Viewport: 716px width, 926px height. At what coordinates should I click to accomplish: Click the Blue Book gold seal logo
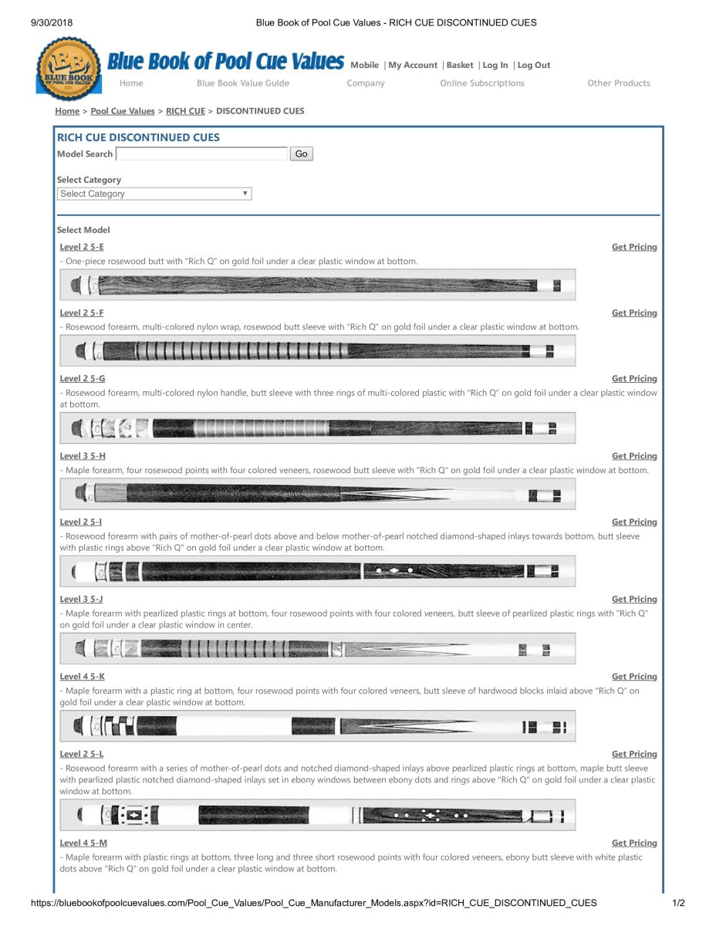(x=69, y=68)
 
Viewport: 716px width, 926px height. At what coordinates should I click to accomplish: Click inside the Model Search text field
(x=201, y=154)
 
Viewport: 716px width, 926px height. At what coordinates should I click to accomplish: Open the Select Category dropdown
(x=154, y=194)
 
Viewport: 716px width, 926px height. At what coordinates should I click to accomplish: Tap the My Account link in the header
(x=413, y=66)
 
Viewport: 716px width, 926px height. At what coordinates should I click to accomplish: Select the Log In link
(x=495, y=66)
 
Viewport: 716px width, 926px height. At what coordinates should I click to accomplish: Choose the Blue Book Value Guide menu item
(x=243, y=83)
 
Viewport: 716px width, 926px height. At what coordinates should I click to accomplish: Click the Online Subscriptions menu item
(x=482, y=83)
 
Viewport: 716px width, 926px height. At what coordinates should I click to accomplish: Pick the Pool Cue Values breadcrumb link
(x=123, y=111)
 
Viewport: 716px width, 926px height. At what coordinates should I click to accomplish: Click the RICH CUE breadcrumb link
(x=185, y=111)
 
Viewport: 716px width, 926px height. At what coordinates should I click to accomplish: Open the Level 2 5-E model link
(x=82, y=247)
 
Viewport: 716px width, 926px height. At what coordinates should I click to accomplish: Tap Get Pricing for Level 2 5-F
(x=634, y=313)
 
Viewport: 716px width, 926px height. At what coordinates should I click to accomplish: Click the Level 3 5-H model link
(x=83, y=456)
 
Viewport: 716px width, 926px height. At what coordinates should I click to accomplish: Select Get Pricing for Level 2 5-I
(x=634, y=522)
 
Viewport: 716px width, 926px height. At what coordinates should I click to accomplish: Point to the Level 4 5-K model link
(x=83, y=677)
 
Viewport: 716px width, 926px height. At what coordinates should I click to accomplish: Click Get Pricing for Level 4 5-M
(x=634, y=843)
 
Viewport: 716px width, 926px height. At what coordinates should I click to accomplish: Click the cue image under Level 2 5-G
(x=317, y=428)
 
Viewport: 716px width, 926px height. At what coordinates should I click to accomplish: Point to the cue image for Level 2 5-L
(x=317, y=815)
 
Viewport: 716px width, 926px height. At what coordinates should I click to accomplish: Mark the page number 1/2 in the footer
(x=678, y=903)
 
